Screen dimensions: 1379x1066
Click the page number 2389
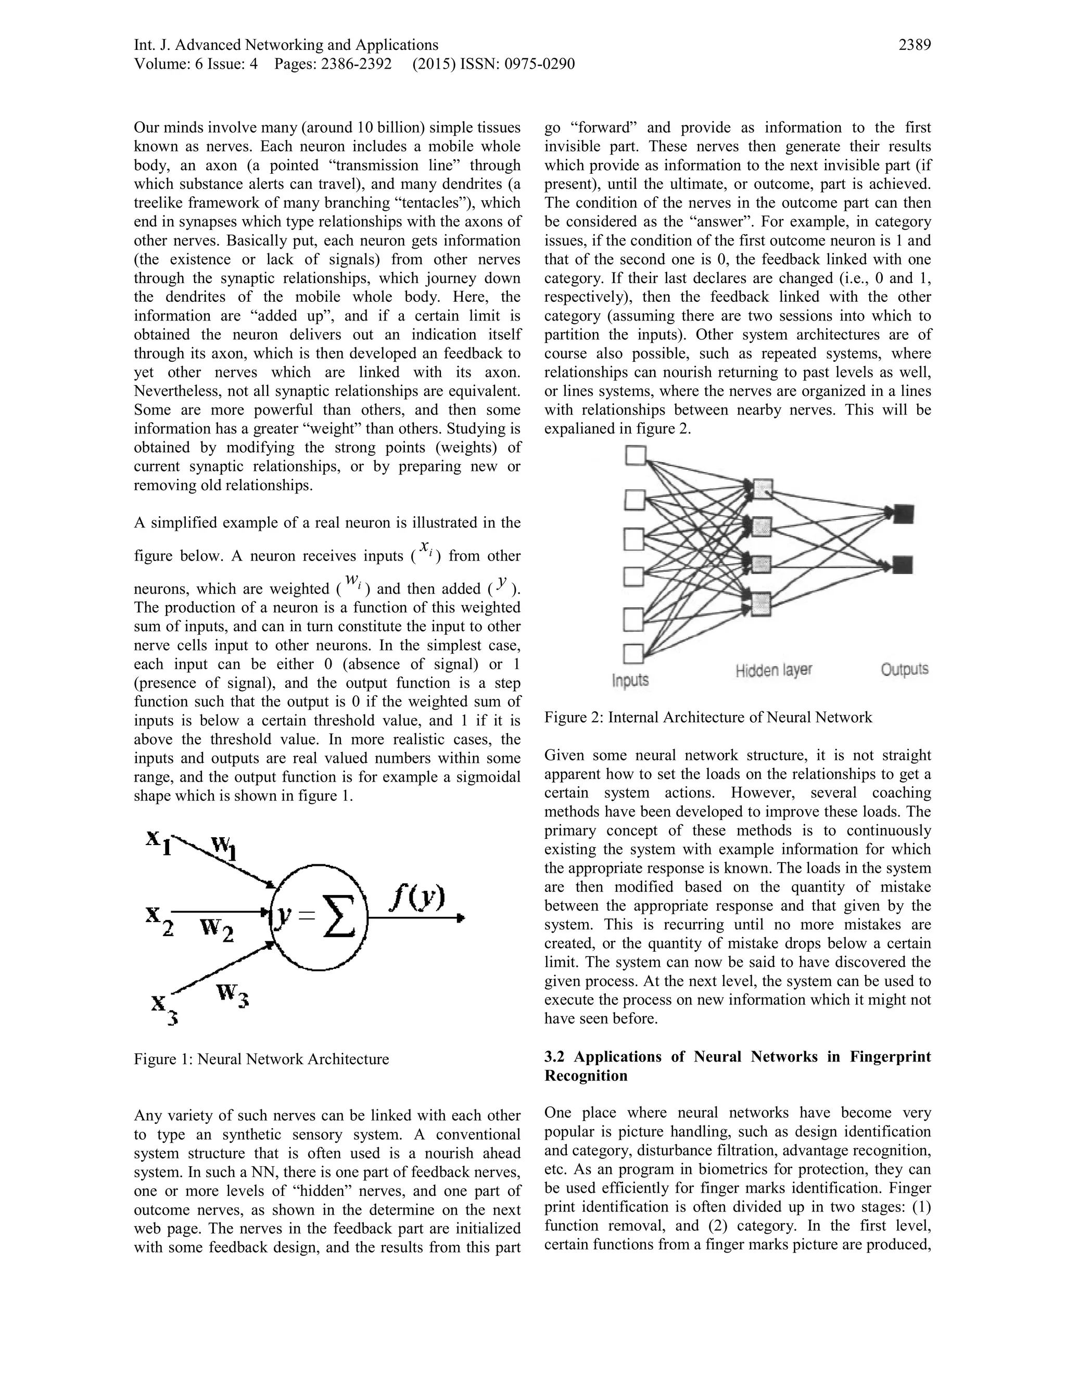tap(914, 45)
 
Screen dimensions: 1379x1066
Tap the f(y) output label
tap(417, 897)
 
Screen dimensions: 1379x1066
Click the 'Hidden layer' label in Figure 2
tap(773, 670)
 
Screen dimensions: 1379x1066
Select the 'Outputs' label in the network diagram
tap(904, 669)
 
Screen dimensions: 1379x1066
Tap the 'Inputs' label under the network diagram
tap(630, 681)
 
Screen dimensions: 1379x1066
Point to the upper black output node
tap(904, 514)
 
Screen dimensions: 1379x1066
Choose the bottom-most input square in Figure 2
tap(633, 654)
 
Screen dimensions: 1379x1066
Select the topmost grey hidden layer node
tap(763, 489)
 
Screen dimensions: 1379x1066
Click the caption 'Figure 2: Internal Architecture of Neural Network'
tap(707, 717)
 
